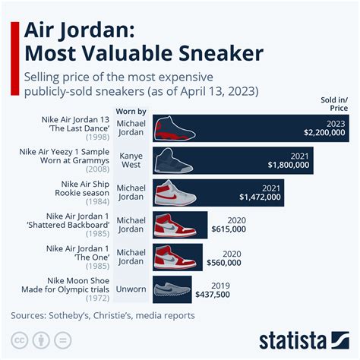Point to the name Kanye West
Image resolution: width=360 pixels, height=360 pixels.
pos(131,160)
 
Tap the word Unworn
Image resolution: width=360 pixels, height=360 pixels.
pos(131,289)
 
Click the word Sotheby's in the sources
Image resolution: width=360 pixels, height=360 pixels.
pos(81,314)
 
